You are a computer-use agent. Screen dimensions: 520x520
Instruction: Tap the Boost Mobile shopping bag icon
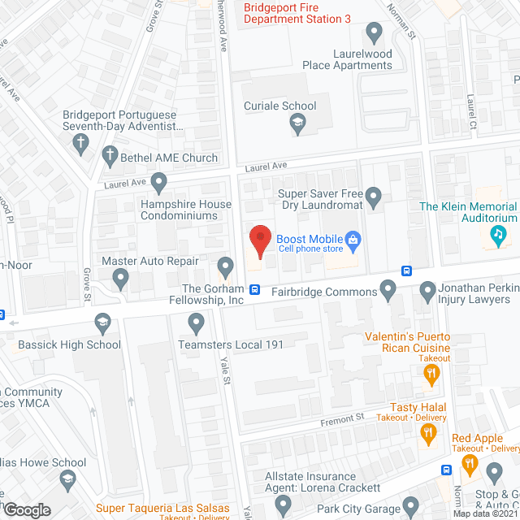353,239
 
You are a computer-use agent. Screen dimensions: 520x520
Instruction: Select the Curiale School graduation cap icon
297,123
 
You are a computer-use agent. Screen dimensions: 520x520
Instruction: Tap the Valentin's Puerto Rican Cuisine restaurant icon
431,374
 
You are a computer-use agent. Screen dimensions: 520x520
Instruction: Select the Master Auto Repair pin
121,279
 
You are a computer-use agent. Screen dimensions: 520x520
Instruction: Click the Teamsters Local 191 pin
195,324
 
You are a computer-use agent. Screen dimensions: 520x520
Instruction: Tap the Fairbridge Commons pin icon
388,288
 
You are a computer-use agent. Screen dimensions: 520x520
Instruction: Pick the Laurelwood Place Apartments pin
374,33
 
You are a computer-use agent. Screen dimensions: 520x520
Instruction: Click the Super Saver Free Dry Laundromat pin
373,196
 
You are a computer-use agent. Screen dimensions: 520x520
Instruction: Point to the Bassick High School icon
102,324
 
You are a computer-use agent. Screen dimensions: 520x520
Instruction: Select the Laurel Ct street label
471,114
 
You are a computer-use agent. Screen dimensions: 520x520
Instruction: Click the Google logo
27,510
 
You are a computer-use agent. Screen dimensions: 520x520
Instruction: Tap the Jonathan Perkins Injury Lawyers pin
428,290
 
